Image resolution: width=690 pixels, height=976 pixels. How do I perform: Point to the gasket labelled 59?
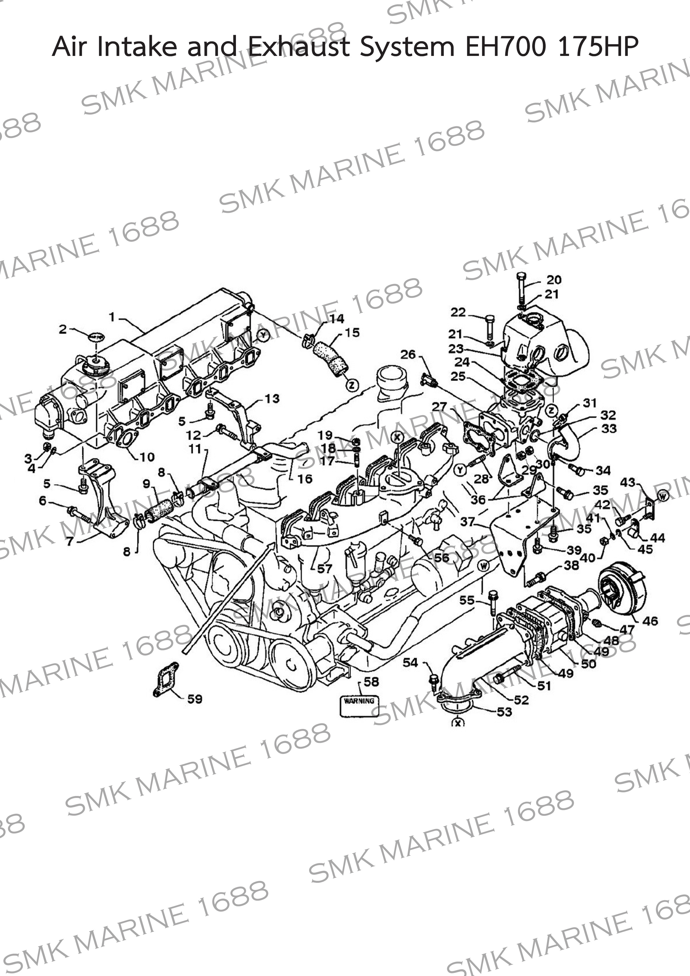click(166, 680)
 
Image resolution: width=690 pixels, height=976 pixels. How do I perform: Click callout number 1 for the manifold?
click(112, 317)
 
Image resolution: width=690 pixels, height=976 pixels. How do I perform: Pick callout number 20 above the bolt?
click(554, 280)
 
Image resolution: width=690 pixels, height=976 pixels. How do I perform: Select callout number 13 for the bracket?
click(272, 399)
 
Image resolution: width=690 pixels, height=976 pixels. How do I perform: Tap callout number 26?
click(408, 354)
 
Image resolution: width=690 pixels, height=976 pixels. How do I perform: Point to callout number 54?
click(410, 662)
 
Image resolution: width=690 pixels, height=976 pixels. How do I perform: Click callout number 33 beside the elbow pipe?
click(609, 428)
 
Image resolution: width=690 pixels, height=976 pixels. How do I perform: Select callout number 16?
click(305, 479)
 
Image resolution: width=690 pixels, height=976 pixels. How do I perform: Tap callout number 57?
click(324, 569)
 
